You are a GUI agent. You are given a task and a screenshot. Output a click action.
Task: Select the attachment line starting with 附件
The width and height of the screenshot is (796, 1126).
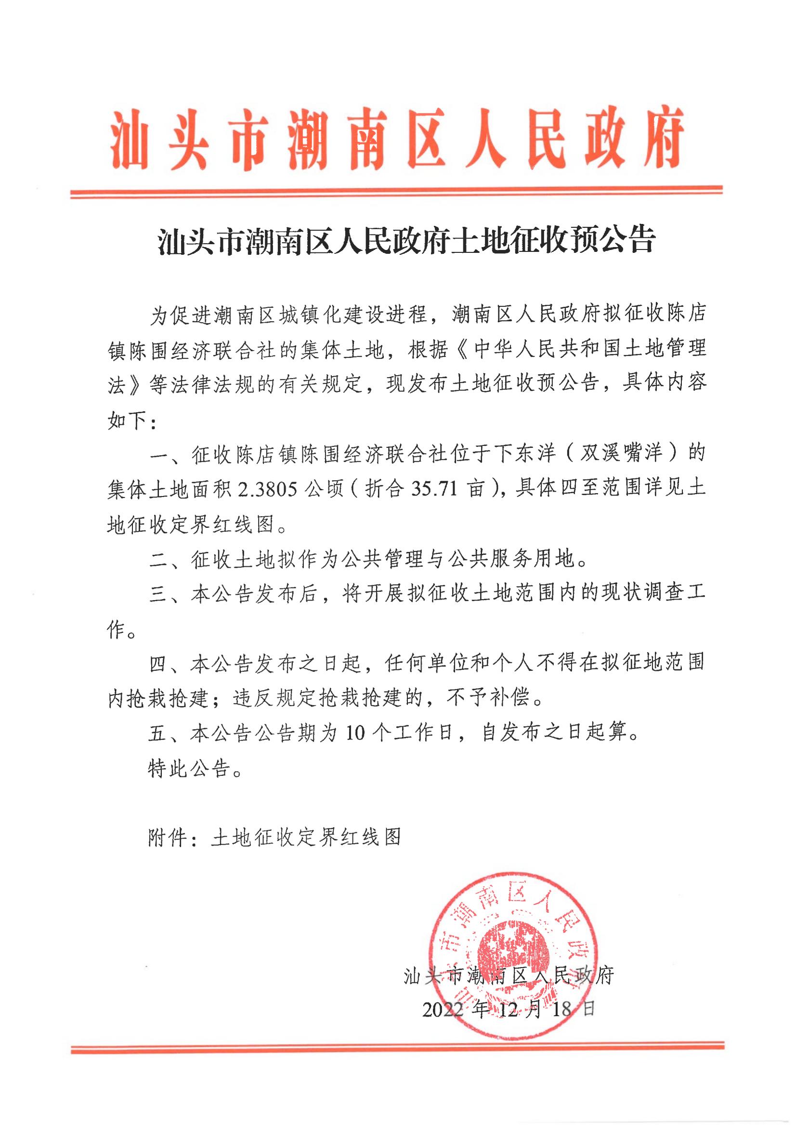pyautogui.click(x=274, y=837)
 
